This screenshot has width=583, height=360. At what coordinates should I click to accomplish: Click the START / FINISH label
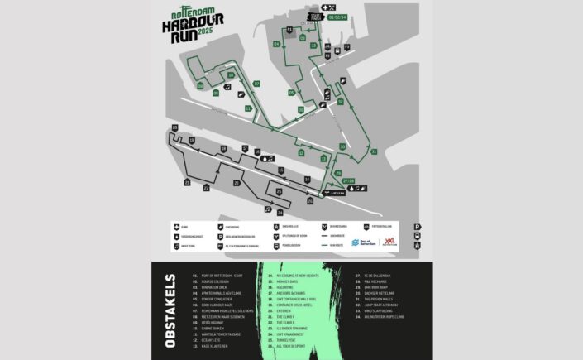[314, 16]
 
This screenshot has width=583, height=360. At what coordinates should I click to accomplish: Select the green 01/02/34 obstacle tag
[337, 16]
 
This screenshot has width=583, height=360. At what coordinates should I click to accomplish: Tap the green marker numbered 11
[248, 108]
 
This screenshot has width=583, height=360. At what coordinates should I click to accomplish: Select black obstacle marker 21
[187, 181]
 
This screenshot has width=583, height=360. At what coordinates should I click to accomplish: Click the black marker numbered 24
[280, 212]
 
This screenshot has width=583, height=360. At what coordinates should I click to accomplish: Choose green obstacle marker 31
[374, 152]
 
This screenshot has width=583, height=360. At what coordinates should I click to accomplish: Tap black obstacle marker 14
[307, 180]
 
